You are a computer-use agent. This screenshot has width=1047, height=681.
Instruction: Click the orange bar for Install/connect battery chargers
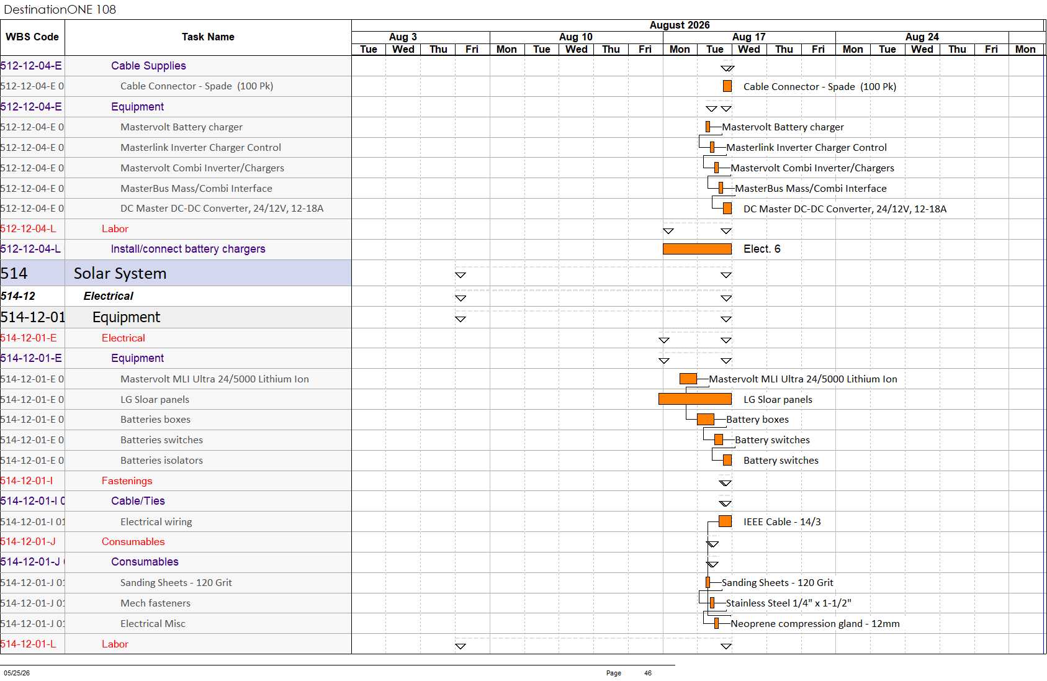point(697,249)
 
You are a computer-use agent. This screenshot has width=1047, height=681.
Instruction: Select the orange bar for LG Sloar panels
point(695,399)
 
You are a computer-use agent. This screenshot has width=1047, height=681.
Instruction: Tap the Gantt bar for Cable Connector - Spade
point(727,86)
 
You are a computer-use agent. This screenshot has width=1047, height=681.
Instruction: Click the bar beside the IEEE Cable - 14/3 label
point(725,521)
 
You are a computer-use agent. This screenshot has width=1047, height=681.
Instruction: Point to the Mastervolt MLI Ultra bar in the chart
point(688,379)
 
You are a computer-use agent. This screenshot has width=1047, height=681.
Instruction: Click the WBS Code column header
point(32,37)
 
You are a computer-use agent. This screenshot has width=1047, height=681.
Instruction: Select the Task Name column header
point(208,37)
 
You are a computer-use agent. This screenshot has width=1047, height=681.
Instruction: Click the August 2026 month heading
point(679,25)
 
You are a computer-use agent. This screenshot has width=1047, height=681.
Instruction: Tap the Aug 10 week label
point(575,37)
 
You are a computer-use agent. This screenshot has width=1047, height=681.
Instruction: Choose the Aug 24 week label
point(922,37)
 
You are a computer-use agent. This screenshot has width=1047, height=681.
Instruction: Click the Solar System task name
point(120,273)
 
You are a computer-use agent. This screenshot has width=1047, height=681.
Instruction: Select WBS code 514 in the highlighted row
point(14,273)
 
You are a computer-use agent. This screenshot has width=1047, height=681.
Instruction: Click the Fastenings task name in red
point(127,480)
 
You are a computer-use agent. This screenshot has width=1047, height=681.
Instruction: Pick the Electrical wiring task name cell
point(156,521)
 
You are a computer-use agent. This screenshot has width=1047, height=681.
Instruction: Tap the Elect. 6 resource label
point(762,249)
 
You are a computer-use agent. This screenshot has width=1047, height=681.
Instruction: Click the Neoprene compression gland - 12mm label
point(815,623)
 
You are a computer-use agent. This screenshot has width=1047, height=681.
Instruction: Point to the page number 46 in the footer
point(648,673)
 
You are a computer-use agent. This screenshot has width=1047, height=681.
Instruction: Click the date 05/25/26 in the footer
point(17,673)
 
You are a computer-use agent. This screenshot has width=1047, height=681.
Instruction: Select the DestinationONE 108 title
point(60,9)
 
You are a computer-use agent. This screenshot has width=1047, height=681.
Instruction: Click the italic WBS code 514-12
point(18,296)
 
